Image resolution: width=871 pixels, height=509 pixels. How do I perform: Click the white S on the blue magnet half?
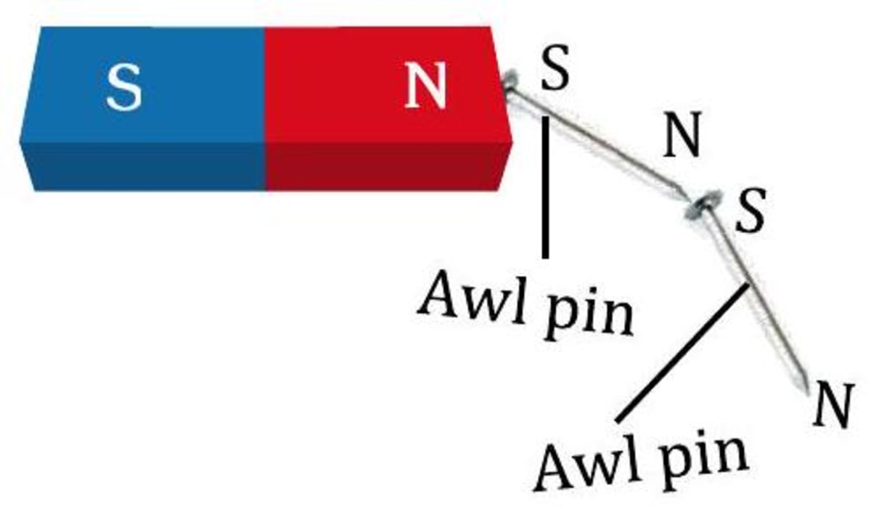pyautogui.click(x=123, y=86)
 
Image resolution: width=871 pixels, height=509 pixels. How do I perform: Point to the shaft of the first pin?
pyautogui.click(x=602, y=142)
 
